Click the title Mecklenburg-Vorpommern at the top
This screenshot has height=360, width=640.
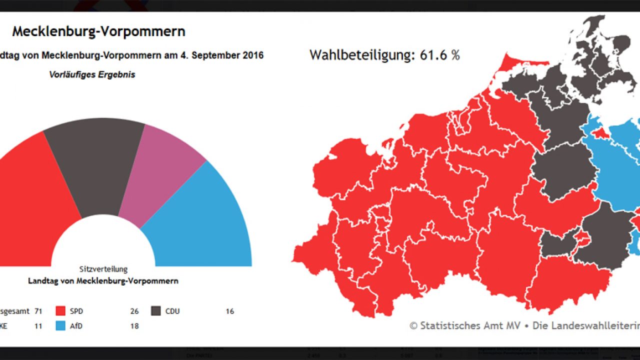[x=98, y=31]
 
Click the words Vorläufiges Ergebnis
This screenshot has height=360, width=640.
[x=92, y=75]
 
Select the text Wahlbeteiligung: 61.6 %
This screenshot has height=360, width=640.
[x=384, y=55]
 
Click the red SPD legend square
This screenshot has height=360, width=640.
[x=61, y=311]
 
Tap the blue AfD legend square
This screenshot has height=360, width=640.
[x=61, y=326]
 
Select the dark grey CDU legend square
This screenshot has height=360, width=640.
[x=156, y=311]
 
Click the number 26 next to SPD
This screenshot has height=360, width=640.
[x=134, y=311]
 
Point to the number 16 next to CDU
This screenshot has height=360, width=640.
[x=229, y=311]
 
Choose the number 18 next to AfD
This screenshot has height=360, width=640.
[x=134, y=326]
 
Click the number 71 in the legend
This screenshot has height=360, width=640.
[x=38, y=311]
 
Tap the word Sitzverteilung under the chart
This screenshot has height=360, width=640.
[x=103, y=269]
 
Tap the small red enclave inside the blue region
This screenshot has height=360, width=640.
[x=600, y=133]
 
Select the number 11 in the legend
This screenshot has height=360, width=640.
[x=38, y=326]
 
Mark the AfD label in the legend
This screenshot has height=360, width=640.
[x=76, y=326]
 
